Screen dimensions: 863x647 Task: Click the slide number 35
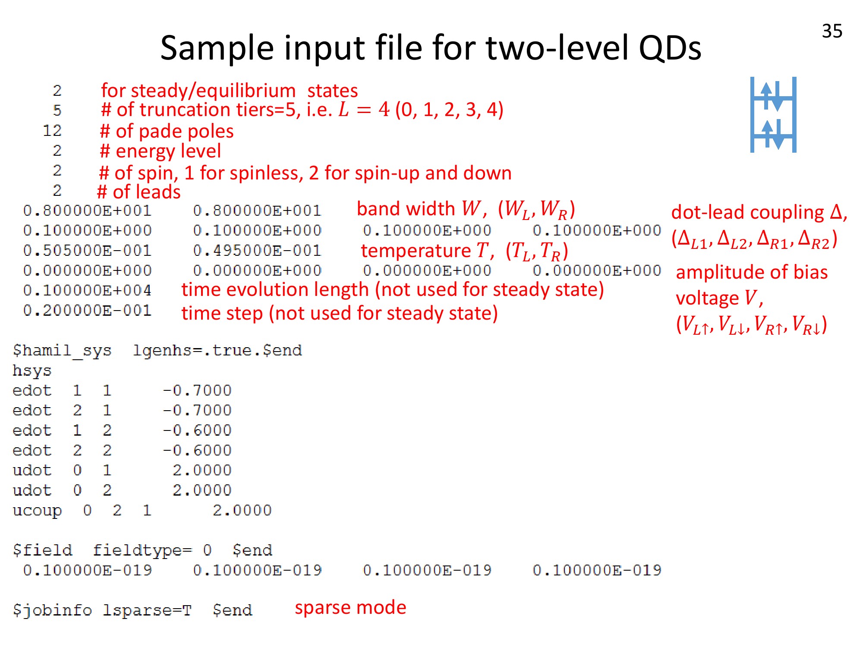point(832,31)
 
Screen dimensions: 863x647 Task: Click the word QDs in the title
point(670,47)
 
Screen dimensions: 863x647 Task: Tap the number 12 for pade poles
point(52,130)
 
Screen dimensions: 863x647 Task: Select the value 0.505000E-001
point(88,251)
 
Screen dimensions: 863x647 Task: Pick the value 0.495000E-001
point(257,251)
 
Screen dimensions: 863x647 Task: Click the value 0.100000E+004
point(88,290)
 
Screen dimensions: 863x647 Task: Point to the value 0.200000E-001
point(88,310)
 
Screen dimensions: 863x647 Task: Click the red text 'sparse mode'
point(350,607)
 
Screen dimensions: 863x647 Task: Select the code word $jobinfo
point(52,610)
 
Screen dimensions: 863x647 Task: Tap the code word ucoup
point(37,511)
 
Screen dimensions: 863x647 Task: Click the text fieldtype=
point(142,550)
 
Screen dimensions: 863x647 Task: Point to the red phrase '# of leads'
point(139,192)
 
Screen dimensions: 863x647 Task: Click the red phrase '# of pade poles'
point(167,131)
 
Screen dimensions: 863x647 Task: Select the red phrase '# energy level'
point(161,151)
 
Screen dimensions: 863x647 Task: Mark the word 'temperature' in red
point(416,251)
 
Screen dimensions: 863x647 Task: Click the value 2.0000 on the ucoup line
point(242,511)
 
